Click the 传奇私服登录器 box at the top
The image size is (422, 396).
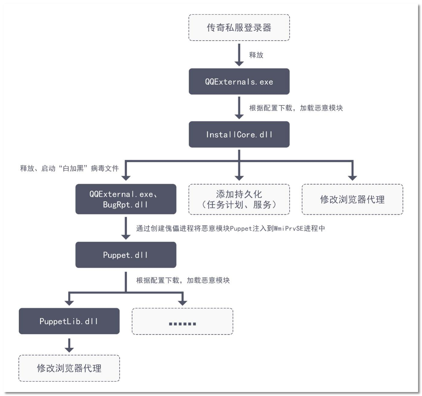point(239,28)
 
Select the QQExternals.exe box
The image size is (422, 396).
point(239,82)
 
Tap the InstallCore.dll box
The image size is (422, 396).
point(239,134)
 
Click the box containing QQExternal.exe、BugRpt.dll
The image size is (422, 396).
point(126,199)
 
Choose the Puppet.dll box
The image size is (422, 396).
point(126,255)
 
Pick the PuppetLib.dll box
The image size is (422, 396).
point(69,321)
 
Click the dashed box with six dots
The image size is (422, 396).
point(182,321)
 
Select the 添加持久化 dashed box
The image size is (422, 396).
point(239,199)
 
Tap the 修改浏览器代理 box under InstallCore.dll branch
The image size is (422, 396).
point(352,199)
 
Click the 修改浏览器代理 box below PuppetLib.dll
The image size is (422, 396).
point(69,368)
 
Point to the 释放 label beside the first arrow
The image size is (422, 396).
point(256,55)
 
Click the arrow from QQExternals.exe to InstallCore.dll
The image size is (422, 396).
point(239,108)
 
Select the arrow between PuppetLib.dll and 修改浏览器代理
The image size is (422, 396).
point(69,345)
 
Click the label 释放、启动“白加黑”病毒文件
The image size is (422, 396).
point(69,168)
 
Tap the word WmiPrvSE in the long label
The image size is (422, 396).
point(289,228)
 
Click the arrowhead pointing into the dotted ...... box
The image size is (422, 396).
point(182,302)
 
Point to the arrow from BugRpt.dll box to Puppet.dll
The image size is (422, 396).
point(126,228)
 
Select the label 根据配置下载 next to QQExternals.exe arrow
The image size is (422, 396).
point(271,108)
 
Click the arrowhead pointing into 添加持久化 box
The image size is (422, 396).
point(239,177)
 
